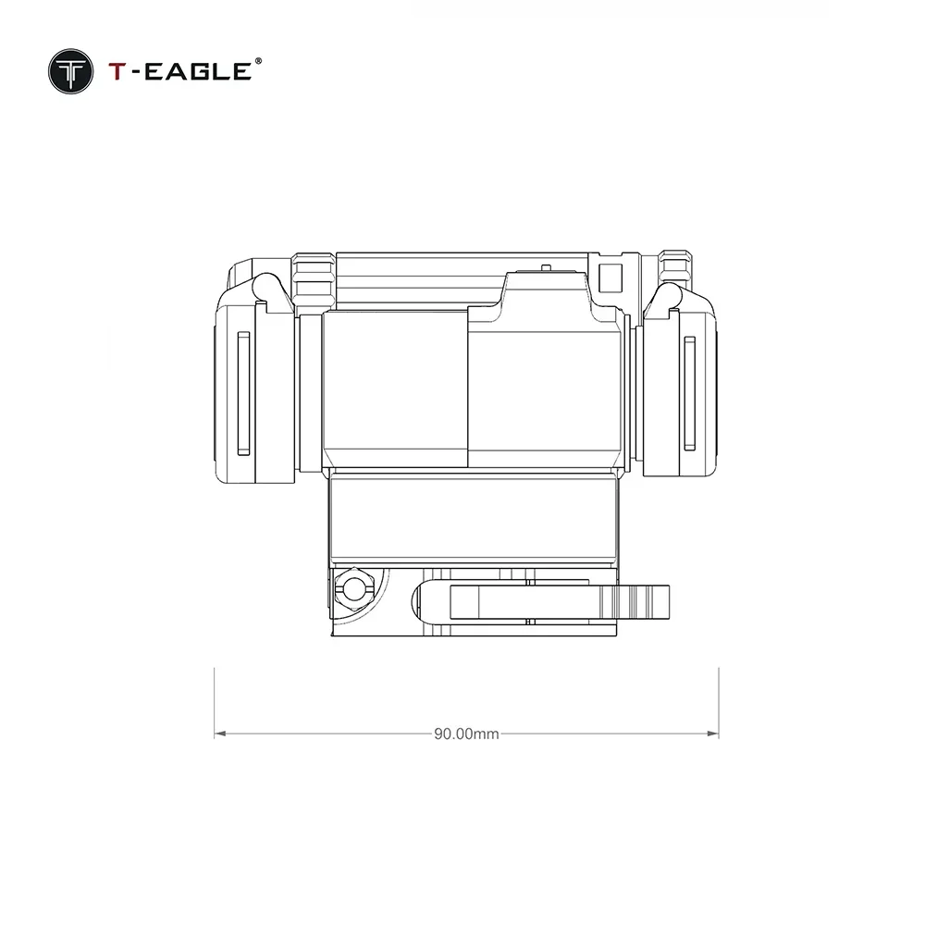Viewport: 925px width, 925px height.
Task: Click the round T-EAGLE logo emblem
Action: click(x=71, y=71)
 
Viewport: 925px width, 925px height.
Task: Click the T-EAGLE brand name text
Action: click(x=180, y=71)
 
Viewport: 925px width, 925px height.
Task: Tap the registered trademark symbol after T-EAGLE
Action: click(x=258, y=61)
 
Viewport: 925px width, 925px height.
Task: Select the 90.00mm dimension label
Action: click(x=466, y=734)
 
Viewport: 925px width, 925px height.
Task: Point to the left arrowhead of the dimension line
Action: click(x=220, y=734)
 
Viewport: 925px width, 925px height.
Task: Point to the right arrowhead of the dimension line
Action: click(x=712, y=734)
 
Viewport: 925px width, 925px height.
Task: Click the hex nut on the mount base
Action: click(x=352, y=588)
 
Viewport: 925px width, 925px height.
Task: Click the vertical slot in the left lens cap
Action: click(x=243, y=393)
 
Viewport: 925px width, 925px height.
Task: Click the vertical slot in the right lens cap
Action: click(x=689, y=393)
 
